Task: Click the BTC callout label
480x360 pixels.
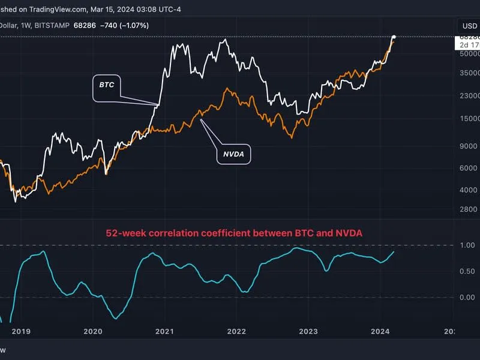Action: tap(107, 85)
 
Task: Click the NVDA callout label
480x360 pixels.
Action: tap(233, 154)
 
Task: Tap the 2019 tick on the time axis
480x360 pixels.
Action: tap(20, 331)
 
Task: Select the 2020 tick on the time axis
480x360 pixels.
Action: tap(92, 331)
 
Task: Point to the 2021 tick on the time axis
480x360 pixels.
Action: tap(164, 331)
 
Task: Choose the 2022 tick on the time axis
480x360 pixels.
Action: tap(236, 331)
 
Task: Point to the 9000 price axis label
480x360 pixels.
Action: tap(467, 146)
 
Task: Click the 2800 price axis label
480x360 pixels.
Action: tap(467, 209)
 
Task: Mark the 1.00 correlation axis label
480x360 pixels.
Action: tap(467, 245)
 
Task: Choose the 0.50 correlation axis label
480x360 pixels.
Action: tap(467, 271)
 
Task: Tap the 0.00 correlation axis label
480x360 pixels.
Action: tap(467, 298)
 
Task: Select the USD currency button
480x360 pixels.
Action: tap(468, 26)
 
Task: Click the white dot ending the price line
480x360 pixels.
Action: tap(394, 38)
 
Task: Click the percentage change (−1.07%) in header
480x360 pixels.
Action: tap(131, 26)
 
